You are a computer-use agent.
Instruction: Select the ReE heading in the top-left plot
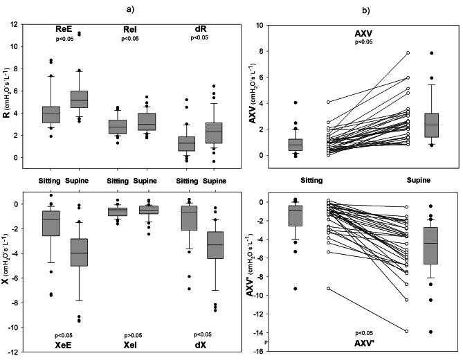click(x=66, y=29)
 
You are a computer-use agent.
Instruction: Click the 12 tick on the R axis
click(x=15, y=25)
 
